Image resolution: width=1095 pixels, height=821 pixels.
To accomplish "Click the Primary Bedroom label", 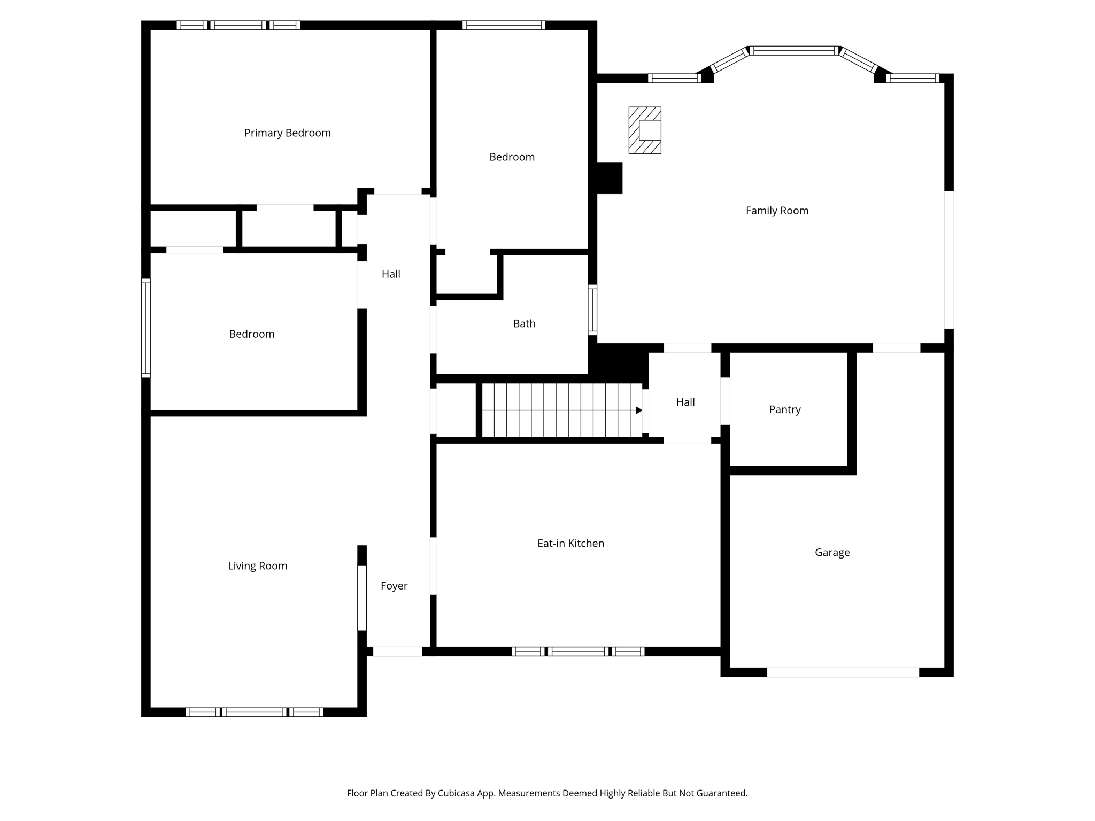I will pyautogui.click(x=287, y=133).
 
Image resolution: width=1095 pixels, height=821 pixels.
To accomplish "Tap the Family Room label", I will pyautogui.click(x=777, y=211).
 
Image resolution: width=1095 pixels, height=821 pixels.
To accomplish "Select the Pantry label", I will pyautogui.click(x=784, y=409).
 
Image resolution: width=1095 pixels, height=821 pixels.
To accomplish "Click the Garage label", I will pyautogui.click(x=832, y=552).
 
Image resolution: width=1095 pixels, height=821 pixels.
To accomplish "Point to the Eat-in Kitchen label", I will pyautogui.click(x=570, y=543).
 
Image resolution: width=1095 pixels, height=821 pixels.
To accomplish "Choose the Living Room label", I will pyautogui.click(x=257, y=566).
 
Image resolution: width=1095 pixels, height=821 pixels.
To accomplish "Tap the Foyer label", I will pyautogui.click(x=394, y=586).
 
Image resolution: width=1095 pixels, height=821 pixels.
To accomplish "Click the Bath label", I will pyautogui.click(x=524, y=323).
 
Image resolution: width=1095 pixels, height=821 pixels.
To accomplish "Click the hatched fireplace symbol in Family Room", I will pyautogui.click(x=645, y=130).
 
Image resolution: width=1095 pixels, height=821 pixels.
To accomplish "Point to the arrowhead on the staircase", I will pyautogui.click(x=639, y=410).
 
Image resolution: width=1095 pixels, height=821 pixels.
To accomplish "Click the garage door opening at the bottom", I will pyautogui.click(x=843, y=672).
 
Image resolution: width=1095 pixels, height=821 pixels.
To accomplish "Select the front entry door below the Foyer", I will pyautogui.click(x=397, y=652).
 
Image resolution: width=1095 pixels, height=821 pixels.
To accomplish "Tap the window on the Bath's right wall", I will pyautogui.click(x=592, y=310).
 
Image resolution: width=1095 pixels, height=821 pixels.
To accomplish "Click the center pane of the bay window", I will pyautogui.click(x=794, y=51).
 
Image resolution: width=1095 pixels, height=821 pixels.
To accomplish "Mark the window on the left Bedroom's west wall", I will pyautogui.click(x=145, y=328).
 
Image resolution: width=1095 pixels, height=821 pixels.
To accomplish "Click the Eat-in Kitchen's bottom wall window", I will pyautogui.click(x=578, y=652).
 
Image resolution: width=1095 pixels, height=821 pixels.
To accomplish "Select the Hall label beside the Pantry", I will pyautogui.click(x=685, y=402).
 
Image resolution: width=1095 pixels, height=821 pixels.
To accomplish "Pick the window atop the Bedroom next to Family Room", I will pyautogui.click(x=504, y=25).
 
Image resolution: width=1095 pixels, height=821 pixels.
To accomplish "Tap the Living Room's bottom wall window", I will pyautogui.click(x=255, y=712).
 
